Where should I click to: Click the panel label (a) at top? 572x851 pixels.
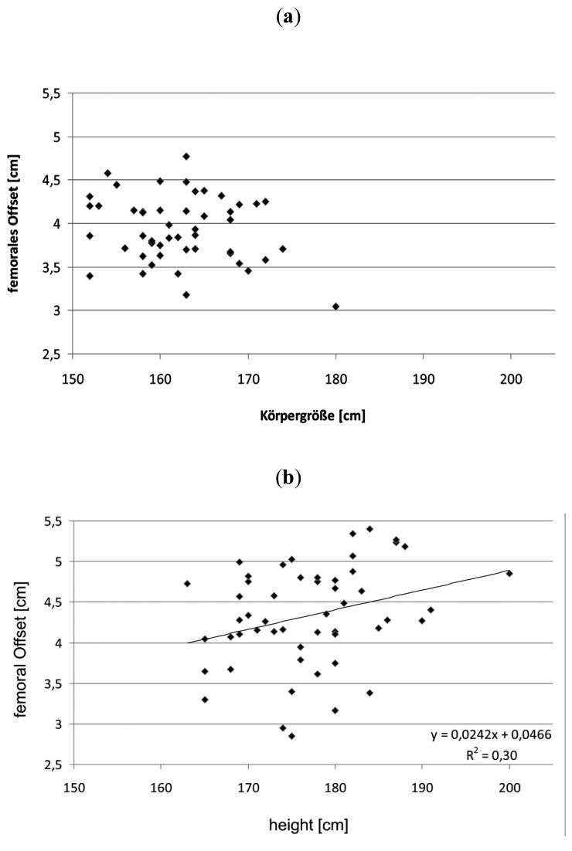pos(286,16)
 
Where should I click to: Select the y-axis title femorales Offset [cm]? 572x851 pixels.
pos(26,223)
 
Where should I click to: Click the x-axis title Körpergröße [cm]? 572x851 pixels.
pos(312,416)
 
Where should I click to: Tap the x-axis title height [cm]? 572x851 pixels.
pos(308,826)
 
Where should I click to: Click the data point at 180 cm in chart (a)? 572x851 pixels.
pos(335,307)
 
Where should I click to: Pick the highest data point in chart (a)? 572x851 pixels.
pos(186,156)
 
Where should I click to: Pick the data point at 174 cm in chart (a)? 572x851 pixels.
pos(283,249)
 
